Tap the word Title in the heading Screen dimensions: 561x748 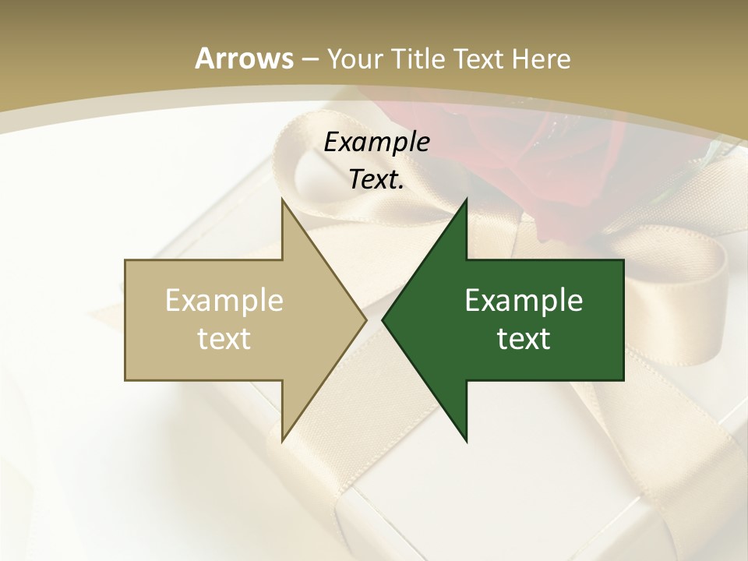[x=417, y=59]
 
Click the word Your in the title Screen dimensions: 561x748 [x=355, y=59]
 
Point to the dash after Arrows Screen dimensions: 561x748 [x=309, y=59]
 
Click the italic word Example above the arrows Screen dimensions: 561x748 [x=376, y=142]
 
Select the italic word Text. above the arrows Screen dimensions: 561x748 [x=376, y=180]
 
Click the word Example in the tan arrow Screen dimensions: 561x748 [x=224, y=300]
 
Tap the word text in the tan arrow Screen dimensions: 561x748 [x=224, y=338]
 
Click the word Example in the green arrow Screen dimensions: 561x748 [x=524, y=300]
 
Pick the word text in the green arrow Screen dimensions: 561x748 [x=524, y=338]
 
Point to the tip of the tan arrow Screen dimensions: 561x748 [x=365, y=320]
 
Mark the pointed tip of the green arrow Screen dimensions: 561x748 [x=383, y=320]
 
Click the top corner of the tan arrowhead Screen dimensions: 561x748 [x=282, y=200]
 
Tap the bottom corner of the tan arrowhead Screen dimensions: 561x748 [x=282, y=440]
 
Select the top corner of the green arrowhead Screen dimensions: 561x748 [x=467, y=200]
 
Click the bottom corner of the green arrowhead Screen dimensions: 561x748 [x=467, y=441]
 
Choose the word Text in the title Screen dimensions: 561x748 [x=479, y=59]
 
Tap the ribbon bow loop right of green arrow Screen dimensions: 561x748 [x=686, y=296]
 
